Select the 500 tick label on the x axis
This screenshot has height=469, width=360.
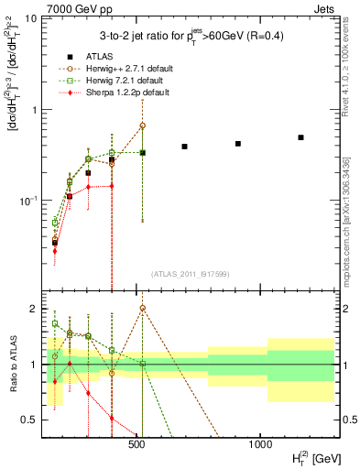tap(136, 444)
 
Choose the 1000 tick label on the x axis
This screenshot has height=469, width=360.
tap(260, 444)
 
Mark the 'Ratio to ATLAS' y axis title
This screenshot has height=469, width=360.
tap(12, 365)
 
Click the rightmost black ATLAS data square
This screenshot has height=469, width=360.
tap(300, 137)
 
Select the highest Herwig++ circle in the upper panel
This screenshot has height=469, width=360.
tap(143, 125)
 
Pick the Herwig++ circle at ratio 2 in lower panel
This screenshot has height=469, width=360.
tap(143, 309)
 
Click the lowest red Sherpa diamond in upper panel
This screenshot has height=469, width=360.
tap(55, 250)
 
